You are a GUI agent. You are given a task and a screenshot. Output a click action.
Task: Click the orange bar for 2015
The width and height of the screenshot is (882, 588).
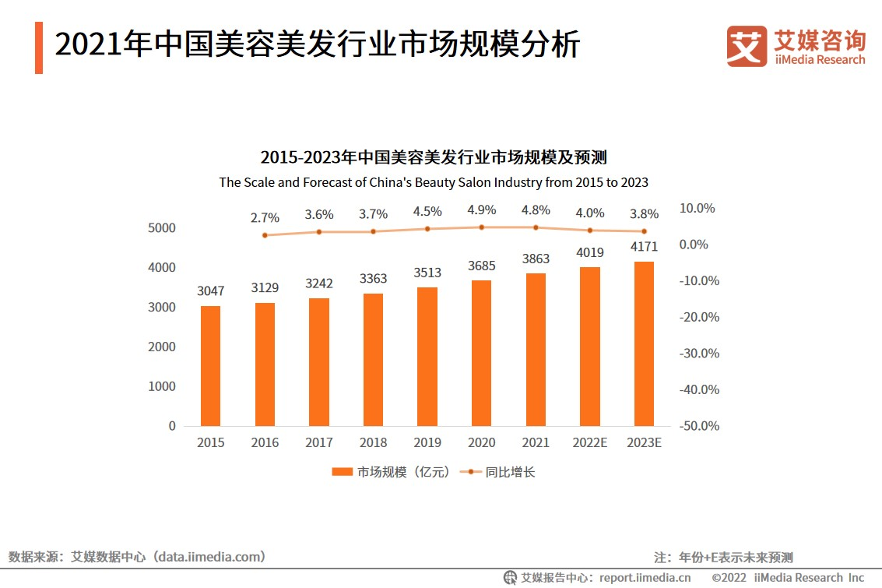tap(210, 366)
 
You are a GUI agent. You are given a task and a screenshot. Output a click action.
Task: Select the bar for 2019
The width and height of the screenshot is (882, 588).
tap(427, 357)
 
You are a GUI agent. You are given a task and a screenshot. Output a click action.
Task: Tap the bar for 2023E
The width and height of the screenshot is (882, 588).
tap(644, 343)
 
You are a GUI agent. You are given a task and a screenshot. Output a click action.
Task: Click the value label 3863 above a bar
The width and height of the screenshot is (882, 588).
tap(536, 259)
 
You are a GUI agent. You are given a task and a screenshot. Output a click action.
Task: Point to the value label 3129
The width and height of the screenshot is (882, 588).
tap(265, 287)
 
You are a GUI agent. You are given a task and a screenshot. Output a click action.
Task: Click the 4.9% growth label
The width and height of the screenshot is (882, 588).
tap(481, 210)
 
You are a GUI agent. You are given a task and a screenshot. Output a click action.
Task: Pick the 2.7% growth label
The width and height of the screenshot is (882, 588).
tap(265, 218)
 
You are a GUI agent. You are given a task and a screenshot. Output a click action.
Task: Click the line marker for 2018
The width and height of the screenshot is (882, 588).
tap(373, 231)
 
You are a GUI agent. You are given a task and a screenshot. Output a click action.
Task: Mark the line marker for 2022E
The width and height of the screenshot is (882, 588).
tap(589, 231)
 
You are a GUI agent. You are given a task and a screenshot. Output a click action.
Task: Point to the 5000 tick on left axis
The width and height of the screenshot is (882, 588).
tap(161, 228)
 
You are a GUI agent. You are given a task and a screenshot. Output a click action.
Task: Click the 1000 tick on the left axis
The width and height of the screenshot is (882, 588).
tap(161, 386)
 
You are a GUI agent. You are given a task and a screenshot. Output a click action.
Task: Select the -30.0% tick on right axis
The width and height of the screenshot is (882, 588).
tap(699, 353)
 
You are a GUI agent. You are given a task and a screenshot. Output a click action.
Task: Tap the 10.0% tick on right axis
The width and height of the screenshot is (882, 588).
tap(697, 208)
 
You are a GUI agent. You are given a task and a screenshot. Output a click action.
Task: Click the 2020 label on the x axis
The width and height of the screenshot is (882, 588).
tap(481, 442)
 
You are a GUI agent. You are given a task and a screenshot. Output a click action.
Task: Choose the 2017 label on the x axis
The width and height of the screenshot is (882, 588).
tap(319, 442)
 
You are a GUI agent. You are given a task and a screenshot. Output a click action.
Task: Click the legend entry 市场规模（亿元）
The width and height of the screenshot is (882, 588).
tap(391, 472)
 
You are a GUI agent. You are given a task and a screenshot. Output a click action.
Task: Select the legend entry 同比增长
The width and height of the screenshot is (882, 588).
tap(498, 472)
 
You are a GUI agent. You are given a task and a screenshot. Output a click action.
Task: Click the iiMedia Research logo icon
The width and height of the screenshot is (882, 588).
tap(747, 47)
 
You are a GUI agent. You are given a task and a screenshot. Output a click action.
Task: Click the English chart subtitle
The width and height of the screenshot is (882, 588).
tap(434, 182)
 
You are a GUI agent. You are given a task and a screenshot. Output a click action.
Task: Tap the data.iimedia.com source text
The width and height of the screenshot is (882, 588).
tap(210, 557)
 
